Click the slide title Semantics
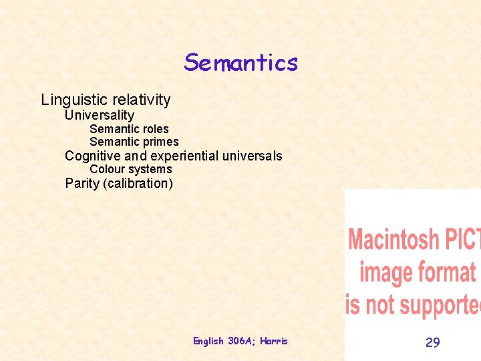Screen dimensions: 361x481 (240, 63)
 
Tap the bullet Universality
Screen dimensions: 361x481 (99, 115)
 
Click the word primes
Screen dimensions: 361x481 (161, 142)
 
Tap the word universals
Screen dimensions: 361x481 (253, 156)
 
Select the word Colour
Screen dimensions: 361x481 (107, 169)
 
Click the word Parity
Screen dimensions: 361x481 (83, 183)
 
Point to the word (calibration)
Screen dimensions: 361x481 (138, 183)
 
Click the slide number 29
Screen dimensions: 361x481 (433, 342)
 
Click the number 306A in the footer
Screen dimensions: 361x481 (239, 341)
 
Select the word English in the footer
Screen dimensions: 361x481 (208, 341)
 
